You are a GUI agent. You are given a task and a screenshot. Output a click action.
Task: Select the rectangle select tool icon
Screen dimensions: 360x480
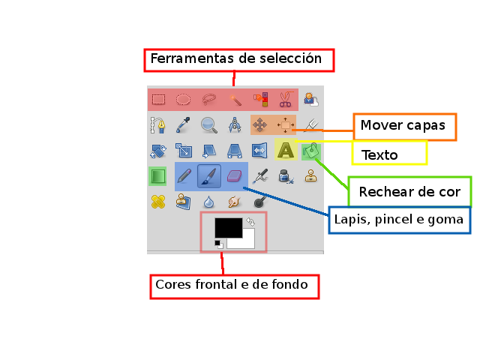pos(158,99)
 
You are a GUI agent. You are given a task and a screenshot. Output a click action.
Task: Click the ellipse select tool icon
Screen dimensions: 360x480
pos(183,99)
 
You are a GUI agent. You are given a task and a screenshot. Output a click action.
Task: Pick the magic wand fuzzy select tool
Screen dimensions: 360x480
pos(235,99)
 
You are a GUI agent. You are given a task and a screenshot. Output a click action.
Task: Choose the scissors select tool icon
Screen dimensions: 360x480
pos(285,99)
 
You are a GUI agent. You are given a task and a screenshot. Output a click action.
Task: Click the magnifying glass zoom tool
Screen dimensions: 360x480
pos(208,124)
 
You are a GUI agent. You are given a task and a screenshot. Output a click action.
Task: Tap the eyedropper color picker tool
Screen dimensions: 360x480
pos(183,124)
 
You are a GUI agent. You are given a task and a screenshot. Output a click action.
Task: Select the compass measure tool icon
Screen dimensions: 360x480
pos(235,124)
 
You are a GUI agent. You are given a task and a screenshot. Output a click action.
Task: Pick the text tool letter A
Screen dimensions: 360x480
pos(285,150)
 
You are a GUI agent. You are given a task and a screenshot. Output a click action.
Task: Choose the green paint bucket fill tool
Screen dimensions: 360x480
pos(310,151)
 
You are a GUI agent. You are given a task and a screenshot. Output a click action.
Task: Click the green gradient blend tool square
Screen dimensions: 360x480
pos(157,176)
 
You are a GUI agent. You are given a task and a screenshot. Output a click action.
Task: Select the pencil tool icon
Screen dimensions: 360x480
pos(184,176)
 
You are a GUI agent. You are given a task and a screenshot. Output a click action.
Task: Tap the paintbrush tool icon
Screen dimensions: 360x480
pos(209,176)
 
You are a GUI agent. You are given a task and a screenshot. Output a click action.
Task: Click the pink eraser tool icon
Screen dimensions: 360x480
pos(234,175)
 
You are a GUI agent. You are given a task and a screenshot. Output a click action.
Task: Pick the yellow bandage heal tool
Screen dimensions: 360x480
pos(157,202)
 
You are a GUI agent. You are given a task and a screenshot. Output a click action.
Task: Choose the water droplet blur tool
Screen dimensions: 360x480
pos(208,202)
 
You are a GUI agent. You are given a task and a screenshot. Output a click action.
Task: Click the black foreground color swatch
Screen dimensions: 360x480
pos(227,226)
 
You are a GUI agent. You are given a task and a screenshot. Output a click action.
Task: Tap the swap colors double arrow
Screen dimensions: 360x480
pos(250,222)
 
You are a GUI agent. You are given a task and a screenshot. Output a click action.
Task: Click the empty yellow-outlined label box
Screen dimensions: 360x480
pos(389,153)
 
